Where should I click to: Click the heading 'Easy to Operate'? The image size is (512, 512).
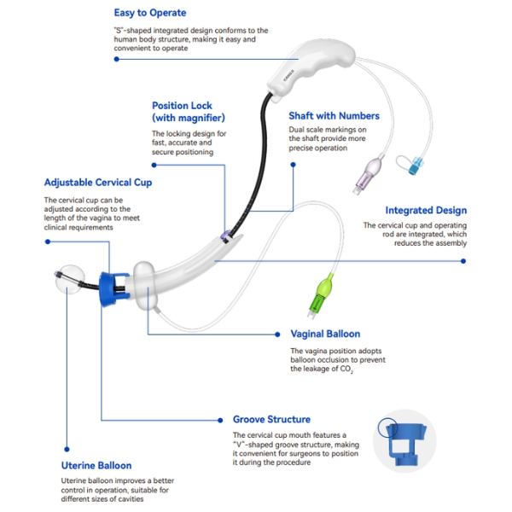point(149,13)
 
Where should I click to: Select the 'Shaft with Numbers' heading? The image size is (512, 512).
point(335,116)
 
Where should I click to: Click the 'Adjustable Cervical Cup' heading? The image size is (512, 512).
point(99,183)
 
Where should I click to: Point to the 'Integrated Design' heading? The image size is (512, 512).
point(426,210)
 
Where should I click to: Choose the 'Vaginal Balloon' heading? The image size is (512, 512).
point(325,334)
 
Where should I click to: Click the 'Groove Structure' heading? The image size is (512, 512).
point(271,419)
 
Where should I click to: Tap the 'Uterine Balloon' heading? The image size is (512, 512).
point(96,465)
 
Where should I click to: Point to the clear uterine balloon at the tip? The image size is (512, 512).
point(65,283)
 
